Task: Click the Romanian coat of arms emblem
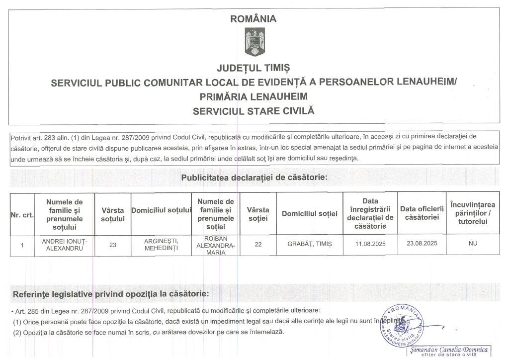point(254,42)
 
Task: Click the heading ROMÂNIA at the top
point(254,19)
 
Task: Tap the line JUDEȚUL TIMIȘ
point(254,68)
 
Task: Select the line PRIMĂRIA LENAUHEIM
point(254,96)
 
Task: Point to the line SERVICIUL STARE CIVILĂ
point(254,110)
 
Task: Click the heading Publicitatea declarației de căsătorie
point(254,177)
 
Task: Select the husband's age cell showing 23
point(112,244)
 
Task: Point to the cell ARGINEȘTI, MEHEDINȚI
point(161,244)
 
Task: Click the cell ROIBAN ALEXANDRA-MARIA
point(215,245)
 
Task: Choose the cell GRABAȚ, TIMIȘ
point(309,244)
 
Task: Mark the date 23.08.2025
point(422,244)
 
